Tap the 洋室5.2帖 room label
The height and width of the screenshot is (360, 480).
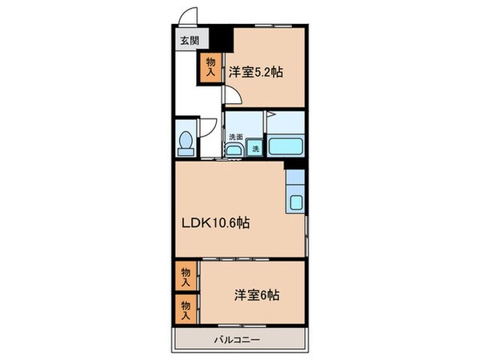coord(256,72)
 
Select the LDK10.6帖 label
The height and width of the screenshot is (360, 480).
coord(218,223)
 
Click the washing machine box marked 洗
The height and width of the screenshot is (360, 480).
coord(255,148)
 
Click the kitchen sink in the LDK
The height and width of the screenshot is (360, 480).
coord(296,203)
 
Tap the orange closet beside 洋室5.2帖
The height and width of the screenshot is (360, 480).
coord(210,67)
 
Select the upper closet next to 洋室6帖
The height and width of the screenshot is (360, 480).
coord(186,277)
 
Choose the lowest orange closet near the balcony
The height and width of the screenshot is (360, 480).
coord(186,308)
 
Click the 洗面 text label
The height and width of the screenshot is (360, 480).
coord(235,137)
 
